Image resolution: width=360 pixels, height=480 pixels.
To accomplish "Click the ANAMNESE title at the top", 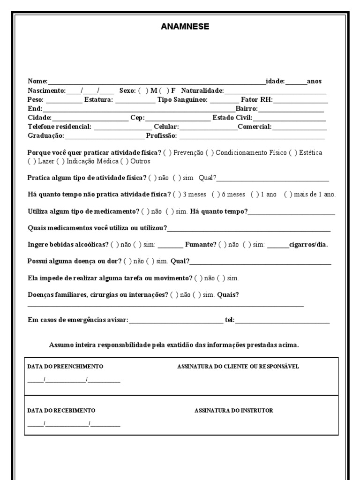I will [185, 27].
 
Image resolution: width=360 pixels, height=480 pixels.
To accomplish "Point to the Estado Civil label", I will [232, 118].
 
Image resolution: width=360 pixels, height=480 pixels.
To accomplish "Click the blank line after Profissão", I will [252, 136].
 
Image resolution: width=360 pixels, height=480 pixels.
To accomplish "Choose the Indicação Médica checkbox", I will [60, 161].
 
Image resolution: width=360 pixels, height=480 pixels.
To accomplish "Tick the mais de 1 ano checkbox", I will [288, 195].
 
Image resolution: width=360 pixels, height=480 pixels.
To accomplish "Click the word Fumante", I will [201, 245].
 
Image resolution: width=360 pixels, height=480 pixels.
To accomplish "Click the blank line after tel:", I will [282, 321].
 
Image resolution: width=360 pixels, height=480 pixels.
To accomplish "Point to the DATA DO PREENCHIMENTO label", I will [65, 367].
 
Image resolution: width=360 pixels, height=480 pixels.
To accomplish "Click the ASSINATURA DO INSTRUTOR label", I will [233, 411].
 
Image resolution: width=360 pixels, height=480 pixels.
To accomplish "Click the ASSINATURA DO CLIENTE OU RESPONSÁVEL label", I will [238, 367].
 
